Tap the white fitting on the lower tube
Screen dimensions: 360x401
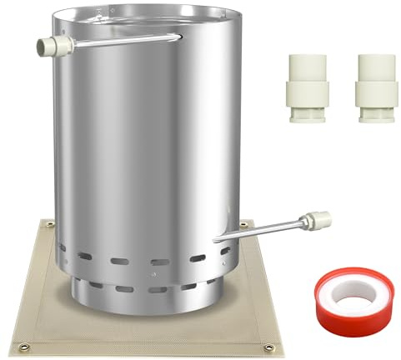click(318, 221)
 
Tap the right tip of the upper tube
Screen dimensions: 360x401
click(178, 36)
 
